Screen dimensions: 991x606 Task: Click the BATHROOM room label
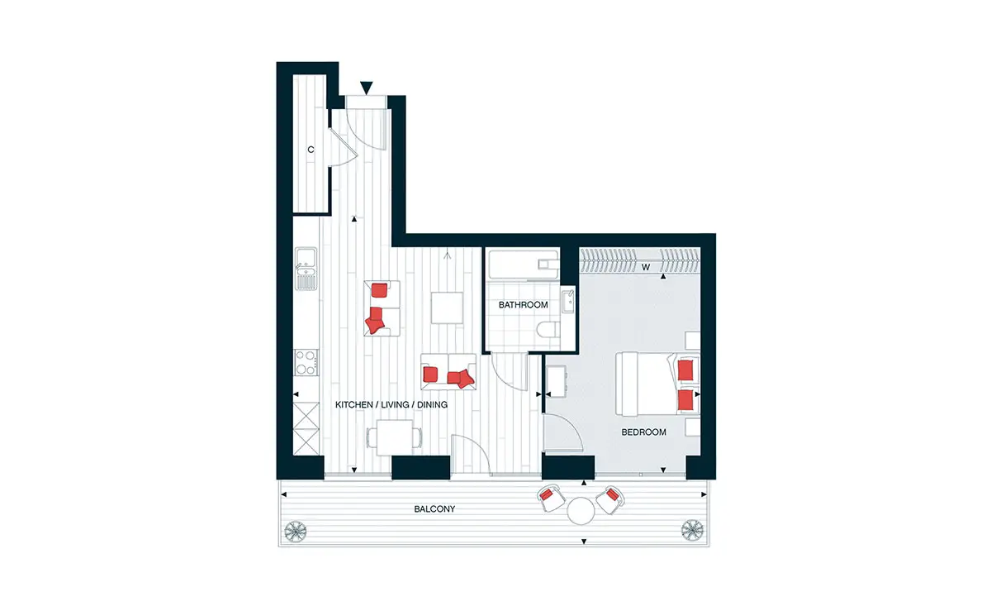click(x=523, y=305)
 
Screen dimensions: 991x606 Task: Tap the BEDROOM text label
click(x=643, y=432)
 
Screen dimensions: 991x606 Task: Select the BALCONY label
click(x=434, y=509)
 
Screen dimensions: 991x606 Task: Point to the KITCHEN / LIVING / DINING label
click(x=391, y=404)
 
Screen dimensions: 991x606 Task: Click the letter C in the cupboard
click(x=311, y=150)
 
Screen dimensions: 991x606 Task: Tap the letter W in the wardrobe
click(x=646, y=267)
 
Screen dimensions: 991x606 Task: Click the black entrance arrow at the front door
click(x=367, y=88)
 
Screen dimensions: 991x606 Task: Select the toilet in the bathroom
click(x=548, y=330)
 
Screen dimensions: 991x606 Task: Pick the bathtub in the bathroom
click(x=523, y=265)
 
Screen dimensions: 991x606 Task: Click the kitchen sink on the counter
click(x=306, y=269)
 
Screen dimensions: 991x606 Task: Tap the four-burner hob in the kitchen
click(x=306, y=362)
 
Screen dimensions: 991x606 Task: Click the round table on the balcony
click(x=581, y=511)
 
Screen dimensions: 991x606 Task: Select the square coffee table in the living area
click(x=448, y=308)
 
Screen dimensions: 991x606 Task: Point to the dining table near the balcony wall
click(x=394, y=437)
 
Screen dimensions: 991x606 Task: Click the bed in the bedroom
click(x=657, y=384)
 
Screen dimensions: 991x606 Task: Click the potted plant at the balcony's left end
click(x=296, y=531)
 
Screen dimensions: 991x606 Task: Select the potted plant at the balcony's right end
click(x=692, y=530)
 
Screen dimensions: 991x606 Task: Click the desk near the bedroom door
click(x=557, y=381)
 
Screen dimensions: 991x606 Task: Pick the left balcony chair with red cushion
click(x=550, y=498)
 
